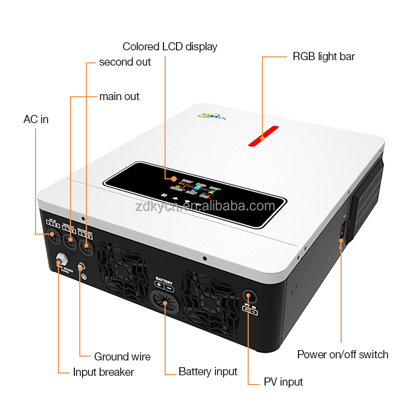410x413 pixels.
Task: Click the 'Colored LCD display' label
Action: point(169,46)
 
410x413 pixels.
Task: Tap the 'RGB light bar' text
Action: point(324,56)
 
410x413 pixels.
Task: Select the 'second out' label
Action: point(125,62)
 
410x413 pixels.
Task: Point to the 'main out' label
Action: point(119,96)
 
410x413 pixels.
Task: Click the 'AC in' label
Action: point(36,119)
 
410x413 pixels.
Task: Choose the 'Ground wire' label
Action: point(122,357)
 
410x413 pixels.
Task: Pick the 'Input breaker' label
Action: point(103,372)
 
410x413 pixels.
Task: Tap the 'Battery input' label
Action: point(208,371)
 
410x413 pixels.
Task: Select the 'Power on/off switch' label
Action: point(343,354)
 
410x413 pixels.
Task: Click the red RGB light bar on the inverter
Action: point(263,138)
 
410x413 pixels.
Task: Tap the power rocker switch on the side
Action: point(342,231)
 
